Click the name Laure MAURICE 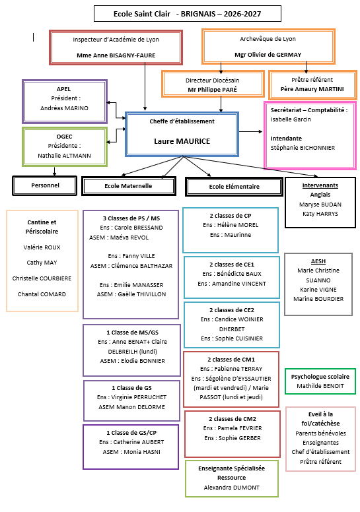182,141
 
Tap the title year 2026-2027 242,14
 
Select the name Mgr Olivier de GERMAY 268,55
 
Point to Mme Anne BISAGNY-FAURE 116,55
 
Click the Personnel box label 45,185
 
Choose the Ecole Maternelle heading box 129,186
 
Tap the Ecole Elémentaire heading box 234,187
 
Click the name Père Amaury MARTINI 312,89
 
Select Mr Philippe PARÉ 213,90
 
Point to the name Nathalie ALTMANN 65,156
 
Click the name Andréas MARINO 65,108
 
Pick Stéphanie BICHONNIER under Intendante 303,148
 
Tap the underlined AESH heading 318,261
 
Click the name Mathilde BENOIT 320,386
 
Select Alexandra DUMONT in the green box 231,488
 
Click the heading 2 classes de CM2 233,419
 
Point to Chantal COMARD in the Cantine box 42,294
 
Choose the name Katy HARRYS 320,214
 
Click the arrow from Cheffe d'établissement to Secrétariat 251,131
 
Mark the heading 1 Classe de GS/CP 131,433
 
